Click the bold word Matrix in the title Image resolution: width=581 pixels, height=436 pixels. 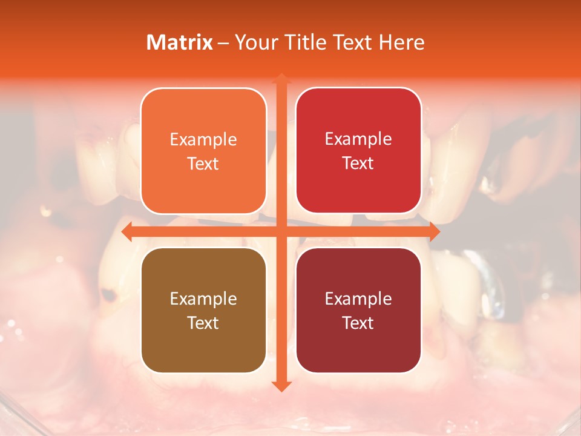pos(180,42)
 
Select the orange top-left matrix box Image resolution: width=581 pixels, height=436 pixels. pos(203,151)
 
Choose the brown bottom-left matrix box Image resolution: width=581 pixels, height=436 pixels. pos(203,310)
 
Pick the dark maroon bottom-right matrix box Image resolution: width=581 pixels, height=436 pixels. pos(358,310)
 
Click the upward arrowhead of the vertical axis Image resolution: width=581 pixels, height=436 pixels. pos(281,79)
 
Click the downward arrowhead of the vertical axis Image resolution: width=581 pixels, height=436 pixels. pos(281,386)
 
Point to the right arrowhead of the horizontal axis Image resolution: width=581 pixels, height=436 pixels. pos(434,231)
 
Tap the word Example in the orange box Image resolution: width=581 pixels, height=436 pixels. pos(203,139)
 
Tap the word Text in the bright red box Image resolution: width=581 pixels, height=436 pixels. pos(358,163)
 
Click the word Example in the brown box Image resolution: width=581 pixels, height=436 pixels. pos(203,299)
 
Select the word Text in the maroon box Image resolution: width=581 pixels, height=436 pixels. pos(358,323)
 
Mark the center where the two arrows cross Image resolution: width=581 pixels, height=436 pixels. pos(281,231)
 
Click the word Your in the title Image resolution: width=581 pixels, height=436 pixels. pos(254,42)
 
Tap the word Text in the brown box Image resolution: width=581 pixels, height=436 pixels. pos(203,323)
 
